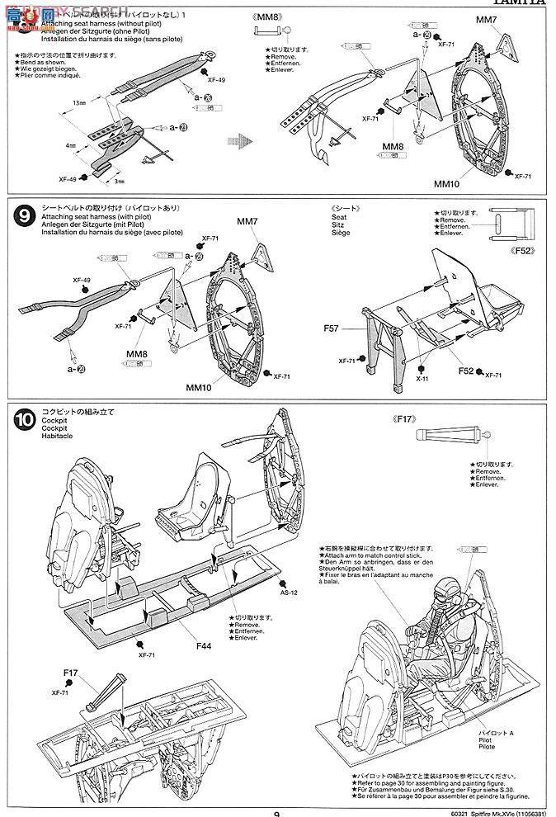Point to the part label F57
click(332, 328)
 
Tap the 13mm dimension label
click(78, 102)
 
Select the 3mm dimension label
click(119, 181)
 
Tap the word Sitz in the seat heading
click(337, 224)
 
